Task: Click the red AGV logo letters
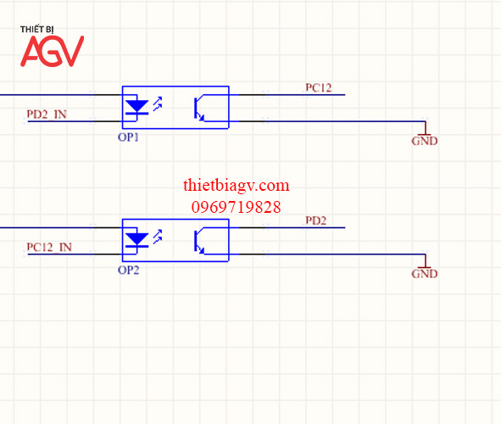[x=52, y=51]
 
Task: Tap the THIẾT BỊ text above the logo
[x=36, y=30]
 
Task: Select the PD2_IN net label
[x=47, y=114]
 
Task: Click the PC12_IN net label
[x=49, y=247]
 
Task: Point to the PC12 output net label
[x=319, y=87]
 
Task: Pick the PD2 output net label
[x=316, y=220]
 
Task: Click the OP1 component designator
[x=128, y=137]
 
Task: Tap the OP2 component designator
[x=129, y=270]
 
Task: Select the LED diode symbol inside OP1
[x=136, y=107]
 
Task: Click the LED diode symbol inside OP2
[x=136, y=240]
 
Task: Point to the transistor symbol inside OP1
[x=199, y=108]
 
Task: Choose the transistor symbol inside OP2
[x=199, y=241]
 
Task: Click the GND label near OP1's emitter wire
[x=425, y=141]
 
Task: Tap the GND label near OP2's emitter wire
[x=425, y=274]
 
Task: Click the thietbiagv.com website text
[x=237, y=186]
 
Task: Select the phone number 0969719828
[x=237, y=207]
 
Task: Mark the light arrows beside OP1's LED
[x=158, y=103]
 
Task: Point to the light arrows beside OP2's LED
[x=158, y=237]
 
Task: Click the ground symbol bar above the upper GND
[x=425, y=135]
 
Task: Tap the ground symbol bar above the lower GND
[x=425, y=268]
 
